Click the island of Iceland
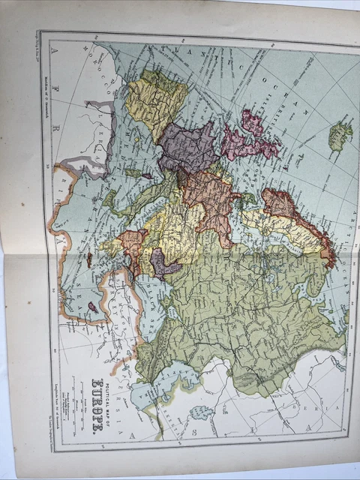(x=340, y=136)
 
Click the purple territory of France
(x=187, y=147)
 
